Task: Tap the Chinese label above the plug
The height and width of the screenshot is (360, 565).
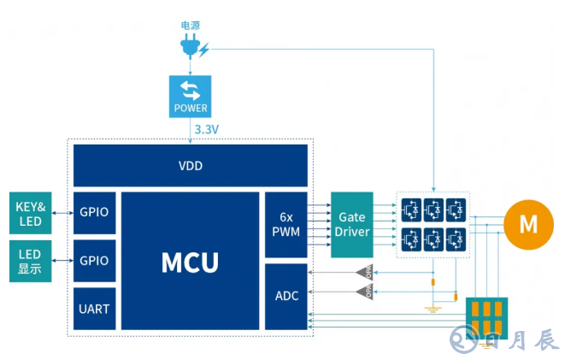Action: pyautogui.click(x=190, y=27)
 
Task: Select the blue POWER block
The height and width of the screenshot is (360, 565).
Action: pyautogui.click(x=190, y=96)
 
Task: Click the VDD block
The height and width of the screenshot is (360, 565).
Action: pyautogui.click(x=190, y=166)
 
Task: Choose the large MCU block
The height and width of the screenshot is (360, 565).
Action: pyautogui.click(x=190, y=261)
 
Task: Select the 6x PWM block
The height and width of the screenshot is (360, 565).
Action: pyautogui.click(x=285, y=225)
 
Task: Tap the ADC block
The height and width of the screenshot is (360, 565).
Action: pyautogui.click(x=285, y=297)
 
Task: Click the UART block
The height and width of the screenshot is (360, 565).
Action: pyautogui.click(x=95, y=309)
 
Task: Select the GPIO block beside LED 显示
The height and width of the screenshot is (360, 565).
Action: pyautogui.click(x=95, y=261)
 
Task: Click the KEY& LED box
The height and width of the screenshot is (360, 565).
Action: pyautogui.click(x=32, y=214)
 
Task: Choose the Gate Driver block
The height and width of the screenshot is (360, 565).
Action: pyautogui.click(x=352, y=225)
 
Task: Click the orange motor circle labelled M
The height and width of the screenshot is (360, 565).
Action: pyautogui.click(x=528, y=225)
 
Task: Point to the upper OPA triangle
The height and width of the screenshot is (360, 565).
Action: pyautogui.click(x=366, y=273)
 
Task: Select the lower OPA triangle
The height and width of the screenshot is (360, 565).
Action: pyautogui.click(x=366, y=293)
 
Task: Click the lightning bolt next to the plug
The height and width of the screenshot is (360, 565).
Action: pyautogui.click(x=204, y=50)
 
